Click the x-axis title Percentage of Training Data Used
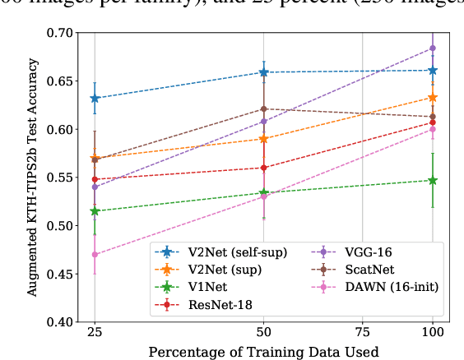coord(262,351)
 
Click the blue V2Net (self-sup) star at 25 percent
coord(95,99)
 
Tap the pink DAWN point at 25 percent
coord(95,255)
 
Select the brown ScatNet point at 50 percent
coord(263,108)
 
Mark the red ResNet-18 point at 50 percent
coord(263,168)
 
